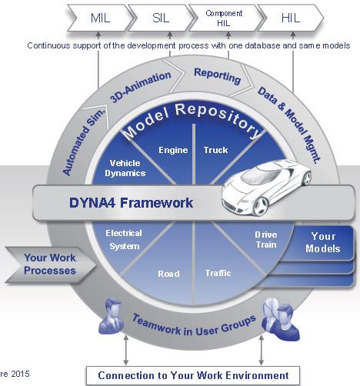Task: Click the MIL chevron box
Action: [101, 18]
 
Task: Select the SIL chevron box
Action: [161, 18]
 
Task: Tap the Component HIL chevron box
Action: [225, 18]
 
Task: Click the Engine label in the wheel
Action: [173, 150]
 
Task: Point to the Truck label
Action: [215, 150]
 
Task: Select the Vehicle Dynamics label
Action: [125, 168]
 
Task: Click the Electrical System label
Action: [124, 240]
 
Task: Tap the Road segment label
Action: [168, 274]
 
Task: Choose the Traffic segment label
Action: [218, 273]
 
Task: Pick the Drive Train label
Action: [266, 240]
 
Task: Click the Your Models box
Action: [322, 243]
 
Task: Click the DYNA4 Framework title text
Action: [131, 203]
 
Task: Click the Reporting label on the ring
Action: [218, 76]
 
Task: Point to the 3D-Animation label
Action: [141, 87]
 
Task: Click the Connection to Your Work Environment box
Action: [193, 376]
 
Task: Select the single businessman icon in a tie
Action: [112, 317]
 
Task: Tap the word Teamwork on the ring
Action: [156, 325]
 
